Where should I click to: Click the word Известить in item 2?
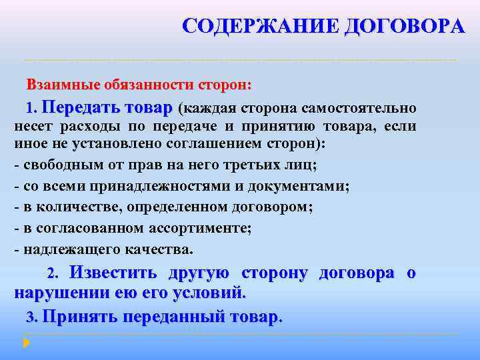click(113, 273)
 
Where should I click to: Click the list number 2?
click(53, 274)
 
